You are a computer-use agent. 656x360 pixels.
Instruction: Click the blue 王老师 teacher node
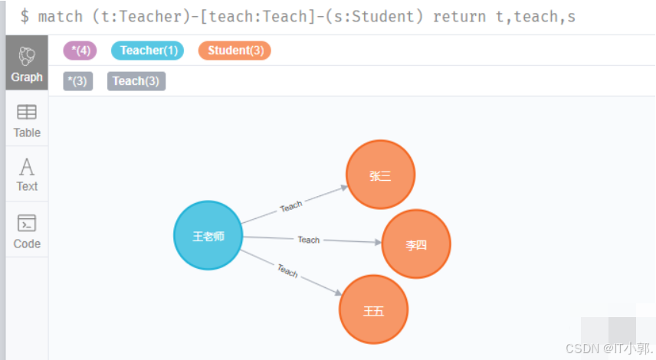[x=208, y=236]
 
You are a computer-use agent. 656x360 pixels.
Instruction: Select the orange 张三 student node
[x=380, y=175]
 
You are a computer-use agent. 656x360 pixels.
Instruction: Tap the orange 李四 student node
[x=416, y=245]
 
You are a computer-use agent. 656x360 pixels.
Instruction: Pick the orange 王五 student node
[x=374, y=310]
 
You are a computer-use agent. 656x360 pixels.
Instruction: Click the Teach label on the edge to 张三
[x=291, y=206]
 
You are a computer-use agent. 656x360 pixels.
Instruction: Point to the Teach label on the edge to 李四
[x=309, y=240]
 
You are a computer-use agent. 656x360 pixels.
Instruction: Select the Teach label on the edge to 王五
[x=287, y=270]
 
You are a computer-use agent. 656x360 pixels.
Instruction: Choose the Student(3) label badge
[x=235, y=51]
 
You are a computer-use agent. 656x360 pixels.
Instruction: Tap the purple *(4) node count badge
[x=80, y=51]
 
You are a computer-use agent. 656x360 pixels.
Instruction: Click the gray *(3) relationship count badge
[x=77, y=81]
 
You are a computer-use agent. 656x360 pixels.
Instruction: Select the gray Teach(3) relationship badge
[x=136, y=81]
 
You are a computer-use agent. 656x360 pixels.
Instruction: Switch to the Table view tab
[x=27, y=121]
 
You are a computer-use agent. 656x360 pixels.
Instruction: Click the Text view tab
[x=27, y=175]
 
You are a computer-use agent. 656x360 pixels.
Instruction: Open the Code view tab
[x=27, y=231]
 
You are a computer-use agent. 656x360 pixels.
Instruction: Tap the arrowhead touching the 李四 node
[x=376, y=242]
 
